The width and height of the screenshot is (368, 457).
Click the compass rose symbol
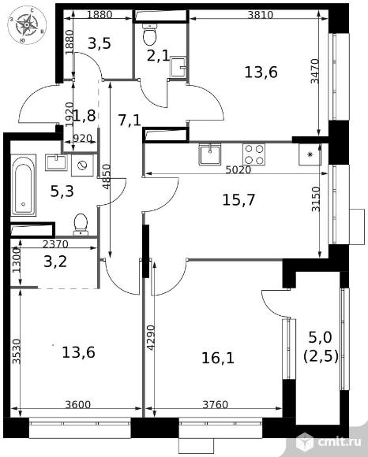27,25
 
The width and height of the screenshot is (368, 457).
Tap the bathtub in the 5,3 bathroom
24,185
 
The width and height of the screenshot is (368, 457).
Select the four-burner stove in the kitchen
253,154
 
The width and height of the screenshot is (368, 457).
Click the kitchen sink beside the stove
210,154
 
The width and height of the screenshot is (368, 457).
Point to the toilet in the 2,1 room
150,34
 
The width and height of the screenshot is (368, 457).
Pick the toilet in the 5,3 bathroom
81,225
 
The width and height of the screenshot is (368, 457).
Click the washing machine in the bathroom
83,165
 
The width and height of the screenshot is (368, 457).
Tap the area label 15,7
238,200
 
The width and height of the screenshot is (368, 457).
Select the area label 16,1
218,358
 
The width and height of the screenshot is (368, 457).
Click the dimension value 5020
238,169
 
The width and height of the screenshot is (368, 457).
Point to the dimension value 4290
151,337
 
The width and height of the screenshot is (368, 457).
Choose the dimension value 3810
261,14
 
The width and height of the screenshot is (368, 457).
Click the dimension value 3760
216,404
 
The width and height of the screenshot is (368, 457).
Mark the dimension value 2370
55,244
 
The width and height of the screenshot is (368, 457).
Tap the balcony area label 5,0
320,338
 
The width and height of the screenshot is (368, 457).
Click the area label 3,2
55,262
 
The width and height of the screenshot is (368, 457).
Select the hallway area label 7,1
130,120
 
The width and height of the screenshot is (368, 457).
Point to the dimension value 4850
107,176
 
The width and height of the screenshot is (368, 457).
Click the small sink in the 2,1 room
178,67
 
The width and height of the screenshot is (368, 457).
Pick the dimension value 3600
78,404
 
